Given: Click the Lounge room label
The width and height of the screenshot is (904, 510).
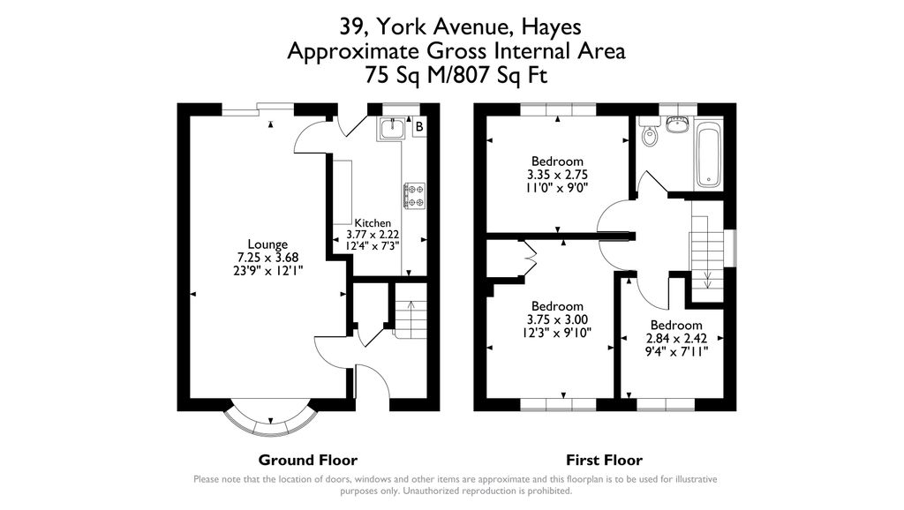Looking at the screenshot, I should tap(267, 244).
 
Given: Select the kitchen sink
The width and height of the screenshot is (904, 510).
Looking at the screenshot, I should tap(392, 129).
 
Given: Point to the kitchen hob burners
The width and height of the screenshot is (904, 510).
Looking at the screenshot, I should tap(414, 195).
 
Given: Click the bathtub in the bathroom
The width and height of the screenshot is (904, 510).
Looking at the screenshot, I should tap(708, 155).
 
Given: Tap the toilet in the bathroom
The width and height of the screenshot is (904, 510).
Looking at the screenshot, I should tap(650, 135).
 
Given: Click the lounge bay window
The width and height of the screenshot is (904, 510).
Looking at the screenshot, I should tap(268, 421).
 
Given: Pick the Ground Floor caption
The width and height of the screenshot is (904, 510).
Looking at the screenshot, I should tap(307, 460).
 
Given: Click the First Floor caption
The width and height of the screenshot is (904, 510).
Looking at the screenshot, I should tap(604, 460).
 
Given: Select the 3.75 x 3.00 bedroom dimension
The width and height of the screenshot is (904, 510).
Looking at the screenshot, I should tap(556, 319).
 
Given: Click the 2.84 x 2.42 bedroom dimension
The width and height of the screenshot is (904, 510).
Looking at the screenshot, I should tap(676, 338).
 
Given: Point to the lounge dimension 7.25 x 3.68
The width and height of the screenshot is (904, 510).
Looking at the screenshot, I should tap(267, 258).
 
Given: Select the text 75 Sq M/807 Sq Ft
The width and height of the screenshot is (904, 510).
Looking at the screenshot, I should tap(456, 76).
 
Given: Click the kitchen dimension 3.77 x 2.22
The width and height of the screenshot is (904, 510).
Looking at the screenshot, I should tap(373, 234).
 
